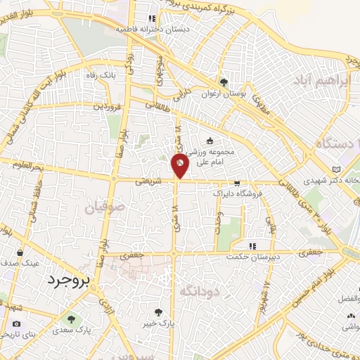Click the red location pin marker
point(180,165)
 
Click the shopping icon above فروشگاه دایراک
point(237,181)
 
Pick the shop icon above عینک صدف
point(20,252)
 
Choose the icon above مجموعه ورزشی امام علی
point(211,141)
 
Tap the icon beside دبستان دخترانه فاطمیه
point(151,19)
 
